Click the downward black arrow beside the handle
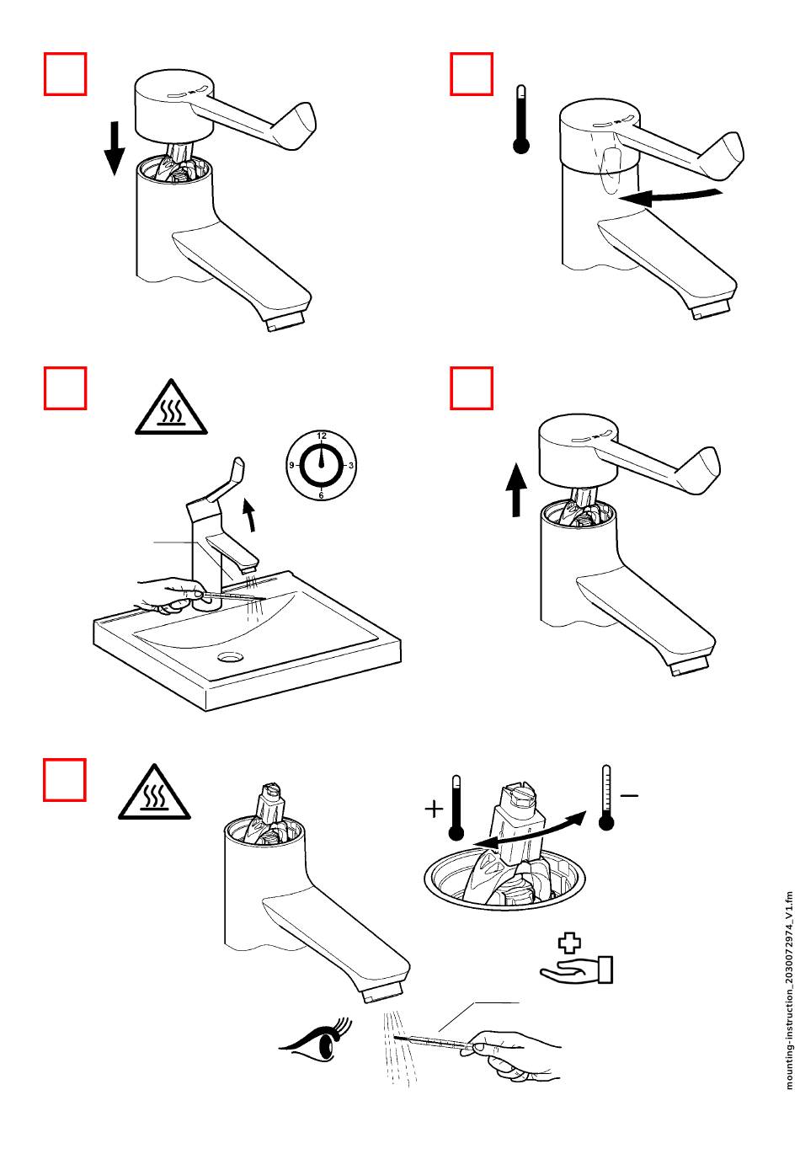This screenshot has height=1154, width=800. (x=115, y=148)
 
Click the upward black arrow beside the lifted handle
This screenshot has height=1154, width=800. (x=515, y=490)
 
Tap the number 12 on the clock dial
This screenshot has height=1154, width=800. (x=322, y=435)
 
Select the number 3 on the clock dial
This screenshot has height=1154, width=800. (x=351, y=465)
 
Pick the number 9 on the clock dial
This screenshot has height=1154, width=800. (x=291, y=465)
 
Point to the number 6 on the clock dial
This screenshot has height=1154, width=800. (x=321, y=495)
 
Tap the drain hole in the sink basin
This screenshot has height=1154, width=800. (x=230, y=656)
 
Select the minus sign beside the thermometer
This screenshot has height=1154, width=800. (x=630, y=795)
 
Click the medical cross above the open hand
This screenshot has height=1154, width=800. (x=569, y=943)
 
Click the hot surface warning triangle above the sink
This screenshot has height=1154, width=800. (x=171, y=408)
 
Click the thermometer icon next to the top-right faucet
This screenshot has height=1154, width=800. (x=521, y=120)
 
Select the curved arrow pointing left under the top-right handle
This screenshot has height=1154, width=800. (x=669, y=196)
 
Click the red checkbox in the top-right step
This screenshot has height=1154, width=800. (x=472, y=73)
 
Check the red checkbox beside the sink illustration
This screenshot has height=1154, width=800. (x=65, y=388)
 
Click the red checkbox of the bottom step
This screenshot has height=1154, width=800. (x=64, y=780)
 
